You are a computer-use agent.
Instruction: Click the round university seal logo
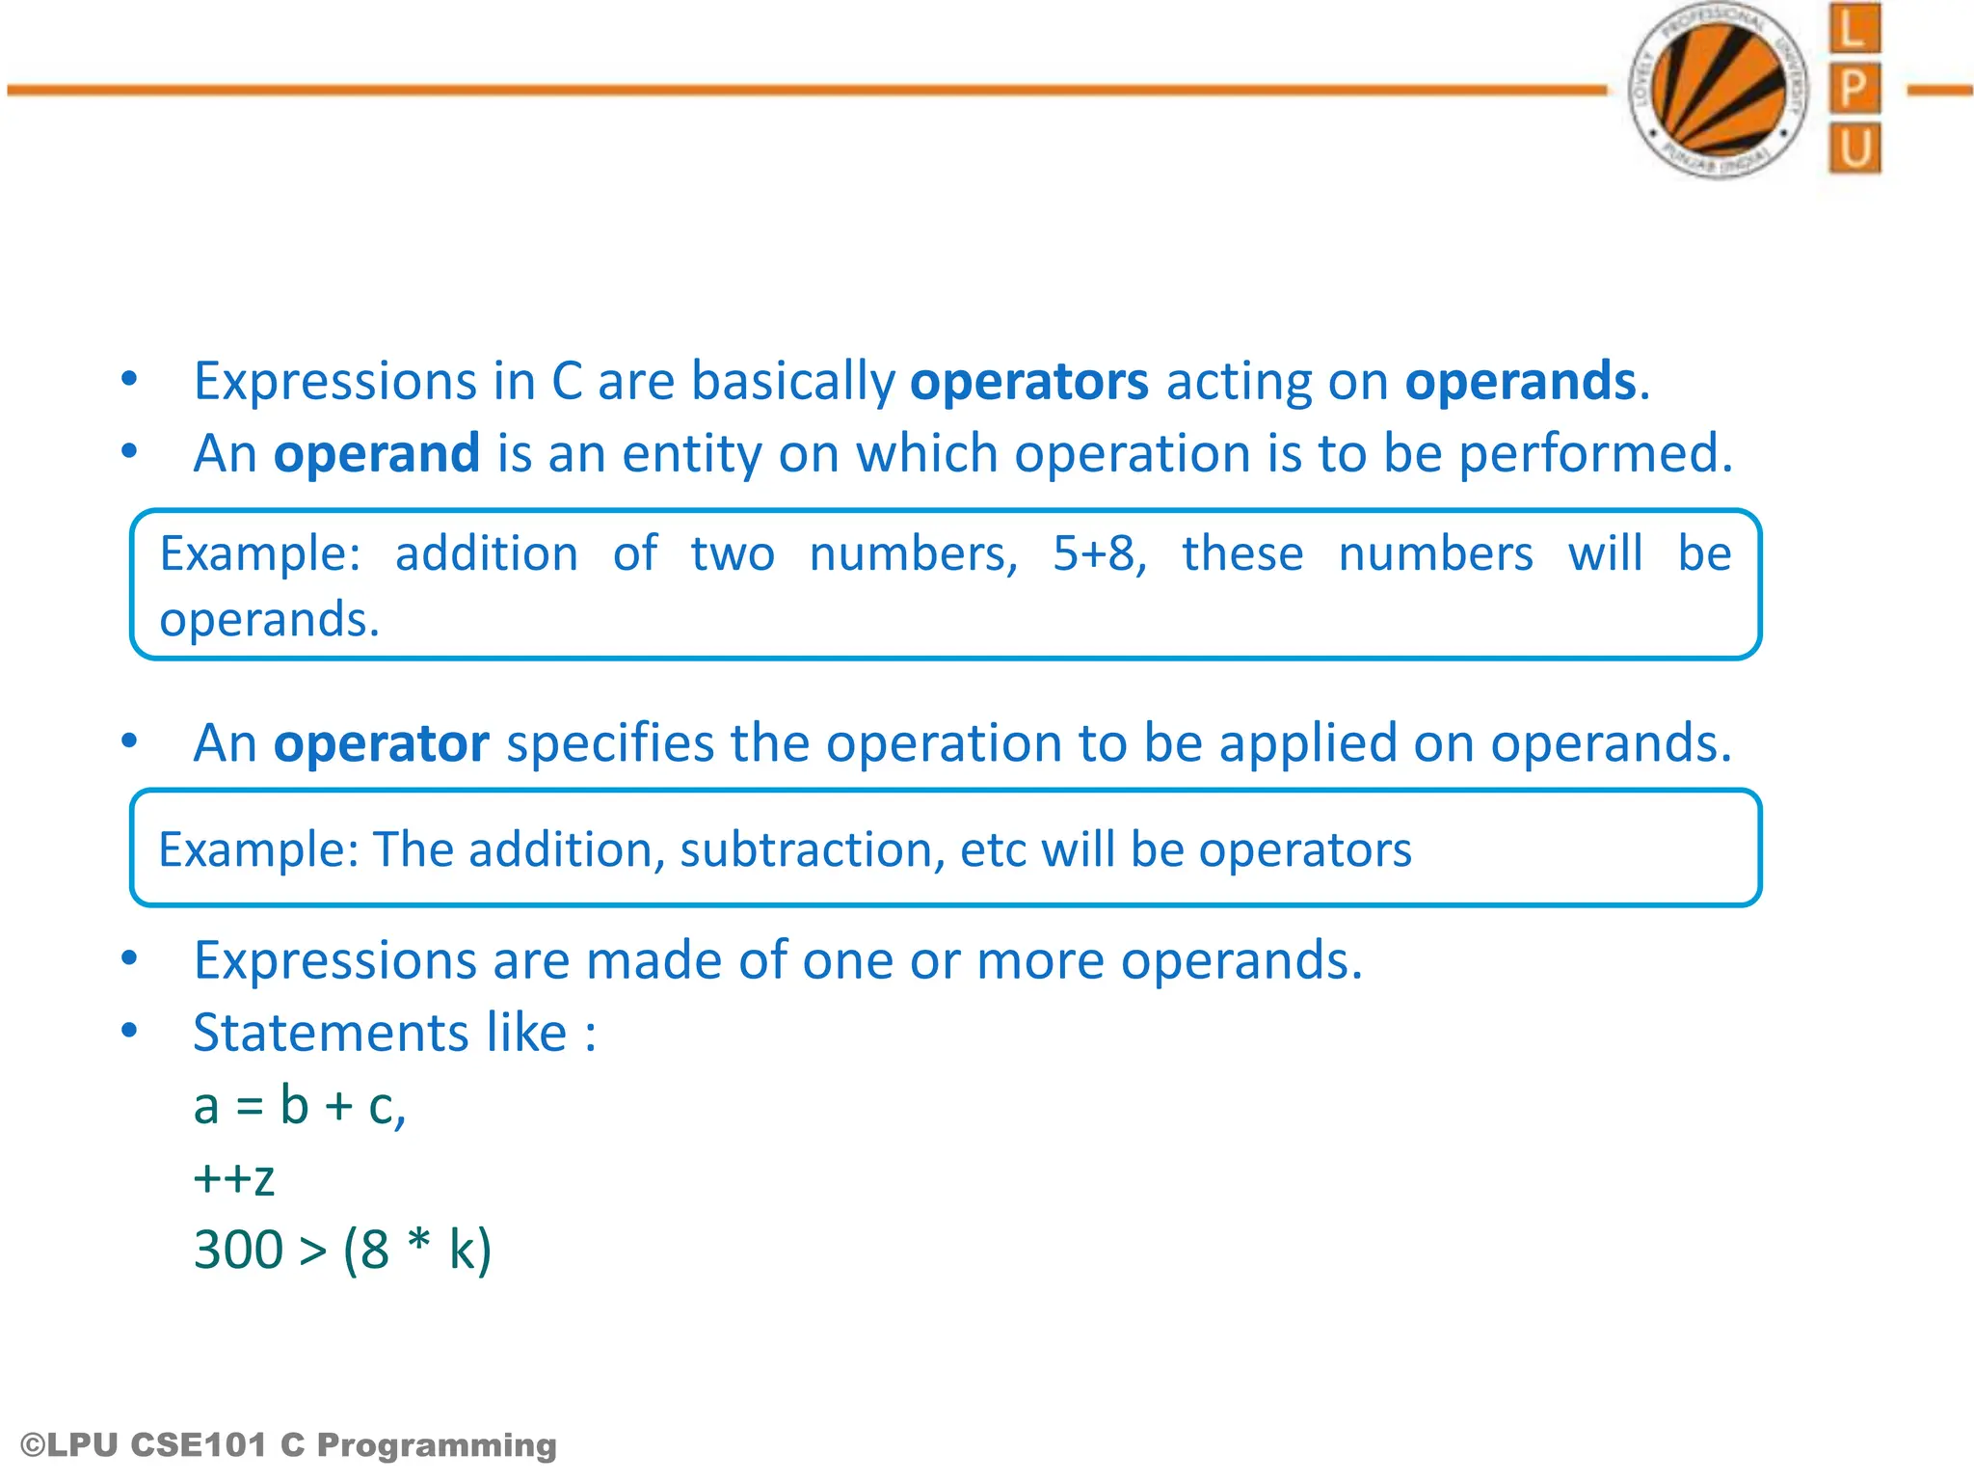(x=1718, y=91)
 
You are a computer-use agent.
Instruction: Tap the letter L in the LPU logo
(x=1854, y=29)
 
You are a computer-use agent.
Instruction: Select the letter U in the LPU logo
(x=1854, y=149)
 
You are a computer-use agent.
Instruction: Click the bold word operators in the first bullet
(x=1028, y=382)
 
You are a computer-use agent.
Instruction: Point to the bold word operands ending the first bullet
(x=1520, y=382)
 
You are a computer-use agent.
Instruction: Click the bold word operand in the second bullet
(x=376, y=454)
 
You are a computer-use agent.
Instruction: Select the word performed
(x=1594, y=454)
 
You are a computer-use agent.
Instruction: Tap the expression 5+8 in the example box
(x=1098, y=554)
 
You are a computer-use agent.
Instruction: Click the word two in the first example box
(x=733, y=554)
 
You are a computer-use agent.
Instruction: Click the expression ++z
(x=234, y=1178)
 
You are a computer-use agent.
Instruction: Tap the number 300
(x=238, y=1251)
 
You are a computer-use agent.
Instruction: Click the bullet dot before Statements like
(x=129, y=1031)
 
